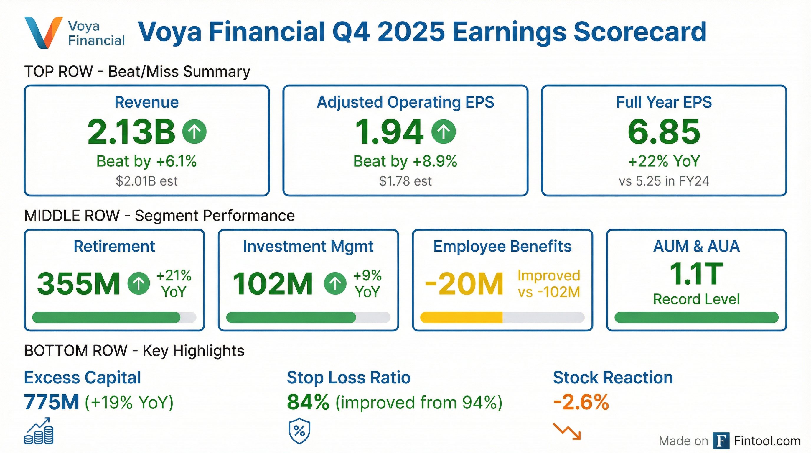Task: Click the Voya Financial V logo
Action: tap(43, 32)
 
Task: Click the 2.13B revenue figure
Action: tap(131, 132)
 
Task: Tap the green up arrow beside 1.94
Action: tap(443, 132)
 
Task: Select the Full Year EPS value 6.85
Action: tap(664, 132)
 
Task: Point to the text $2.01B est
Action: tap(146, 181)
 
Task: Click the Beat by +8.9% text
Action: tap(405, 161)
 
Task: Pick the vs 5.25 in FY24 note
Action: tap(664, 181)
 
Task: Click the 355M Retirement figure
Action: tap(78, 283)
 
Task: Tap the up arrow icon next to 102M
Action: tap(335, 283)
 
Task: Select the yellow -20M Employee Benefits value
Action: tap(464, 283)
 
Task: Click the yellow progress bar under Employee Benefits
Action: tap(461, 318)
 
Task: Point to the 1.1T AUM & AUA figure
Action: tap(696, 274)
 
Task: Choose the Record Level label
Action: tap(696, 299)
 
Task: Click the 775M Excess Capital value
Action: tap(51, 402)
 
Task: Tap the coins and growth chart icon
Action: tap(39, 431)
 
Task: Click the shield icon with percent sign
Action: tap(299, 431)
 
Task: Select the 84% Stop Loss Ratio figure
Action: tap(308, 402)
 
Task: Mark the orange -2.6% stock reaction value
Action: tap(581, 402)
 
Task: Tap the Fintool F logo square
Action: tap(721, 441)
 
